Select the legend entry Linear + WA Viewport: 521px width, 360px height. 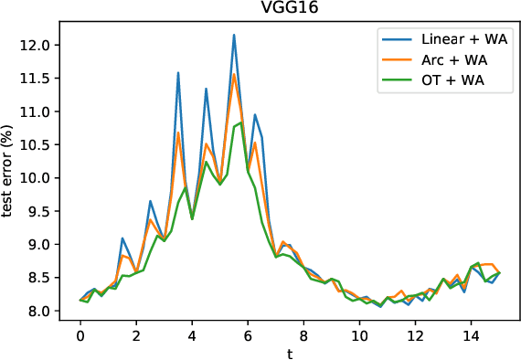[x=463, y=40]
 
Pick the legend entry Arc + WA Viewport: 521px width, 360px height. [x=455, y=61]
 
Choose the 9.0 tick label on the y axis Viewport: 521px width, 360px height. [x=46, y=245]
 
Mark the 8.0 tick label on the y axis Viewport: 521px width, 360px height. [x=46, y=312]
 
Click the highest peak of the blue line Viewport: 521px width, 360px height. [x=234, y=35]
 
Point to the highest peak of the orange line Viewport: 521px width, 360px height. [x=234, y=74]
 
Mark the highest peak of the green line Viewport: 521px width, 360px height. [x=240, y=122]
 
